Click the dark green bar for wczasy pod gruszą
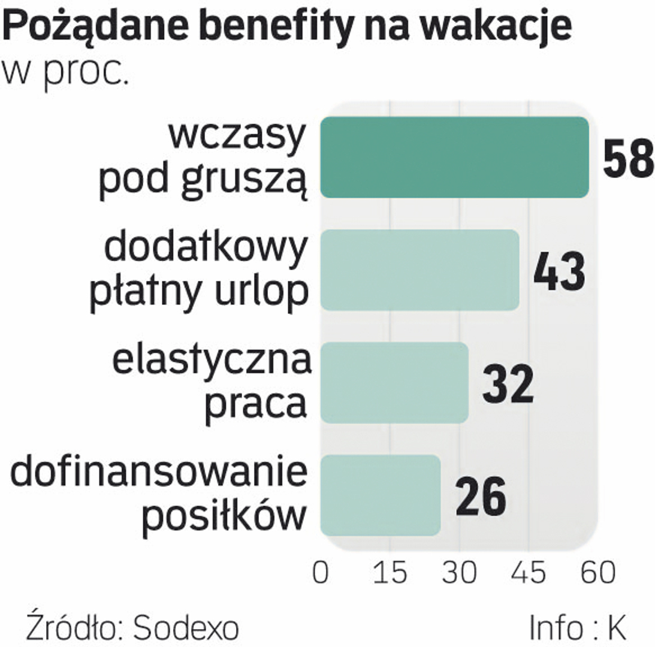pyautogui.click(x=454, y=157)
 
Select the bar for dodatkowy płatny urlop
pyautogui.click(x=419, y=270)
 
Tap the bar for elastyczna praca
pyautogui.click(x=394, y=383)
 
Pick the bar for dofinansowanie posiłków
pyautogui.click(x=381, y=495)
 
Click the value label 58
pyautogui.click(x=627, y=159)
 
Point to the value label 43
pyautogui.click(x=559, y=271)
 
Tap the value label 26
pyautogui.click(x=481, y=497)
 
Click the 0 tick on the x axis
pyautogui.click(x=321, y=573)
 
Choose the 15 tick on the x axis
pyautogui.click(x=390, y=573)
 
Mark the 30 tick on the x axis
pyautogui.click(x=460, y=573)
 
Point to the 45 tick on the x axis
pyautogui.click(x=529, y=573)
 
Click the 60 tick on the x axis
pyautogui.click(x=597, y=573)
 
